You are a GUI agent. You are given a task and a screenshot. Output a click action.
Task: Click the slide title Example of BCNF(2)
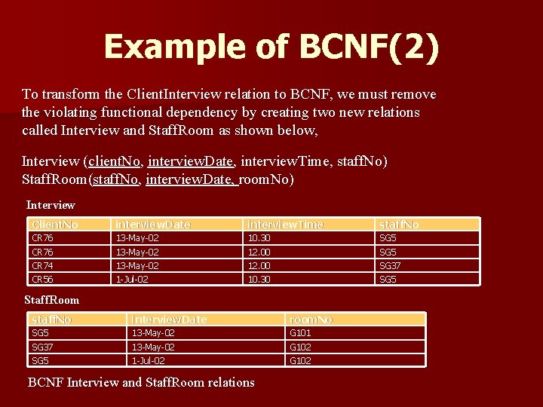[x=271, y=47]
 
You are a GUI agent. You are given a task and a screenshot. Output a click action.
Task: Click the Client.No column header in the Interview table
[x=55, y=225]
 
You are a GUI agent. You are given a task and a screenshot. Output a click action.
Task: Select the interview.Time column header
[x=286, y=225]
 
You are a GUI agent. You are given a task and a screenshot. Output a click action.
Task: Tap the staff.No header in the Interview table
[x=399, y=225]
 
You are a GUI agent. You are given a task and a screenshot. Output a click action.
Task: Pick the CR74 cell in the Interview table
[x=42, y=266]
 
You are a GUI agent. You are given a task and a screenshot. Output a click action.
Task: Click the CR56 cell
[x=42, y=280]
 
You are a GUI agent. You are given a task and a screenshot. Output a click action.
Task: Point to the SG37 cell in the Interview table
[x=390, y=266]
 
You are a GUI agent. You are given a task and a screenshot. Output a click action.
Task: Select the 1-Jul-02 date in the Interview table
[x=132, y=280]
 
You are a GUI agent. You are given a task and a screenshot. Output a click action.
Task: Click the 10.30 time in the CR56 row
[x=259, y=280]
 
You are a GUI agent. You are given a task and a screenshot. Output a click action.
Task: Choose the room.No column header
[x=311, y=320]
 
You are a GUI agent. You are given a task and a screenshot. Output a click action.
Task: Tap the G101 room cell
[x=300, y=333]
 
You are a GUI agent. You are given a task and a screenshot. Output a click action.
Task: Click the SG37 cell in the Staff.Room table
[x=42, y=347]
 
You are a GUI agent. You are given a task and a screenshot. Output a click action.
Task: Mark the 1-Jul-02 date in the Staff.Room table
[x=149, y=361]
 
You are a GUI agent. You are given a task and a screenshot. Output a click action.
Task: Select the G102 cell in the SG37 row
[x=300, y=347]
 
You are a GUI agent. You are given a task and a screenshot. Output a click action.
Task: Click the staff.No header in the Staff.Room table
[x=51, y=320]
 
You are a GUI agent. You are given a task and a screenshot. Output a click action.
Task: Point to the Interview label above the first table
[x=51, y=205]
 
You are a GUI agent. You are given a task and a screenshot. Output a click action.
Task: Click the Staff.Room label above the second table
[x=51, y=300]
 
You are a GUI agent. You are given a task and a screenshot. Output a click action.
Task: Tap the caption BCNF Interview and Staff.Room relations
[x=141, y=382]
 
